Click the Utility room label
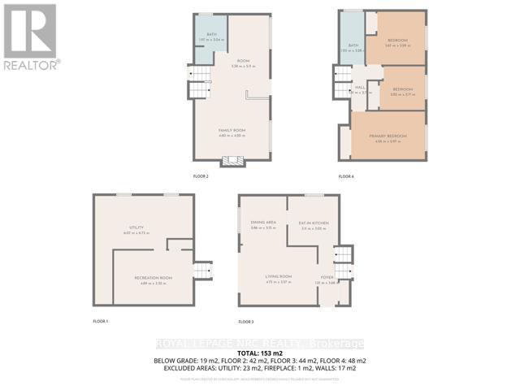coord(136,227)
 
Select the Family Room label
coord(232,131)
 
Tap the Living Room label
coord(278,277)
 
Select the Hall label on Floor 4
coord(360,88)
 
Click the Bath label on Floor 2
coord(211,35)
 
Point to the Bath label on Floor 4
coord(353,45)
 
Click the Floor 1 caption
coord(101,323)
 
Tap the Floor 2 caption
coord(201,176)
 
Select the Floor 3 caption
coord(246,323)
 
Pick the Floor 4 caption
coord(346,176)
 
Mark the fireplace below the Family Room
coord(232,161)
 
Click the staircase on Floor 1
coord(201,271)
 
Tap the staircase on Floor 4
coord(340,83)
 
